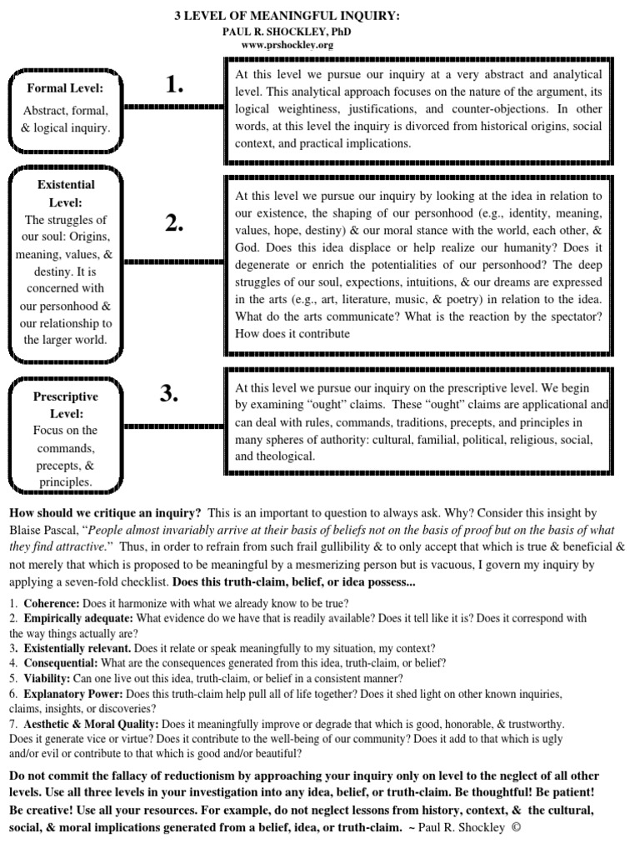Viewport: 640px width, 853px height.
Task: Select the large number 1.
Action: (173, 84)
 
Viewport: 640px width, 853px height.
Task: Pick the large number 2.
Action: (173, 222)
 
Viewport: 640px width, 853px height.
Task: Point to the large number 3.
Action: (169, 395)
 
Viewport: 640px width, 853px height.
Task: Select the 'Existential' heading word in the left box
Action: (66, 184)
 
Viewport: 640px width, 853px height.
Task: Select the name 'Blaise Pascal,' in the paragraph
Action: (47, 530)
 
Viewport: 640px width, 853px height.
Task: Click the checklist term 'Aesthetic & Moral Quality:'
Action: (92, 724)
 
